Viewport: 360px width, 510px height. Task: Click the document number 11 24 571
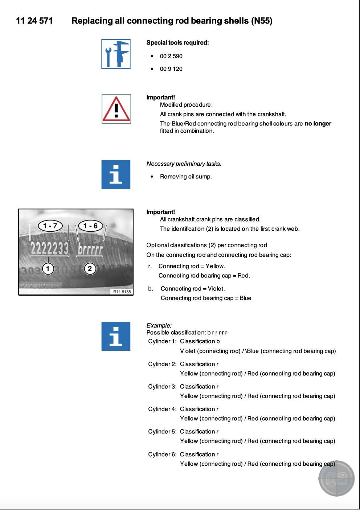click(x=34, y=21)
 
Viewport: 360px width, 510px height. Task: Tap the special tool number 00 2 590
click(x=171, y=56)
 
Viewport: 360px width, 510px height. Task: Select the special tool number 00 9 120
click(x=171, y=69)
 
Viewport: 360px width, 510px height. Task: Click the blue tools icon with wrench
click(x=116, y=54)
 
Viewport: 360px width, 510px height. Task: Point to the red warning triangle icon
click(x=116, y=109)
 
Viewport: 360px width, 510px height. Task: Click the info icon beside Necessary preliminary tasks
click(x=116, y=174)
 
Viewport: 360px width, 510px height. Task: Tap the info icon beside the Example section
click(x=116, y=336)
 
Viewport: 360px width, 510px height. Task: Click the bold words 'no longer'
click(x=318, y=124)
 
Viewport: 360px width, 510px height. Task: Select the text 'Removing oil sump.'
click(x=186, y=177)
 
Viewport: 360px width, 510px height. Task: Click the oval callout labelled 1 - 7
click(x=50, y=226)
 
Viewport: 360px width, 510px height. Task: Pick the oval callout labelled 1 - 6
click(x=90, y=226)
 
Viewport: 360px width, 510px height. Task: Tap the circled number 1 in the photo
click(x=48, y=269)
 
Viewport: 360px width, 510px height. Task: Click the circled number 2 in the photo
click(x=90, y=269)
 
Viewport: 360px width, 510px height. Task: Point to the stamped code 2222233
click(x=49, y=249)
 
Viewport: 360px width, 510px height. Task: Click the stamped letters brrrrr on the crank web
click(x=90, y=249)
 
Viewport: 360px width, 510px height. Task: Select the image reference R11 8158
click(x=122, y=292)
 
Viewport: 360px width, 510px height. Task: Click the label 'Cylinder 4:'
click(x=162, y=409)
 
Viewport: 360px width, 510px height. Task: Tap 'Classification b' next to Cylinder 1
click(x=200, y=341)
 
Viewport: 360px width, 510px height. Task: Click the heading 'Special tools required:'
click(x=177, y=43)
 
